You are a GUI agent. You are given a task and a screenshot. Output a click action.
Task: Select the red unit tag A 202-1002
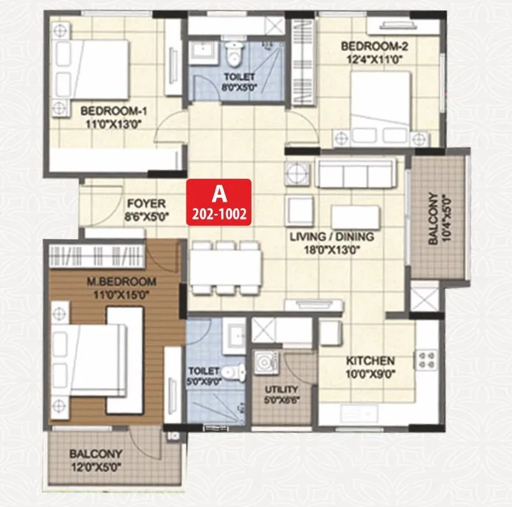tap(218, 202)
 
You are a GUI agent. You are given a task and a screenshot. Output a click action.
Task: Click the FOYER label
tap(146, 204)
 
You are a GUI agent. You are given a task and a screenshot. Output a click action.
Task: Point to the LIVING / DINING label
tap(331, 237)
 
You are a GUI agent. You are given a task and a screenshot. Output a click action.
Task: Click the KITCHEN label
tap(370, 361)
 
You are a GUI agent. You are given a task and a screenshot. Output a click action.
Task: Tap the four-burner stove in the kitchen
tap(426, 361)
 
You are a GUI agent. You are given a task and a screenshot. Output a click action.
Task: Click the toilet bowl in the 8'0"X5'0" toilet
tap(235, 55)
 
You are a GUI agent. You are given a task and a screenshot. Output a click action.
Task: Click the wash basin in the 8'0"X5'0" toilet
tap(204, 52)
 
